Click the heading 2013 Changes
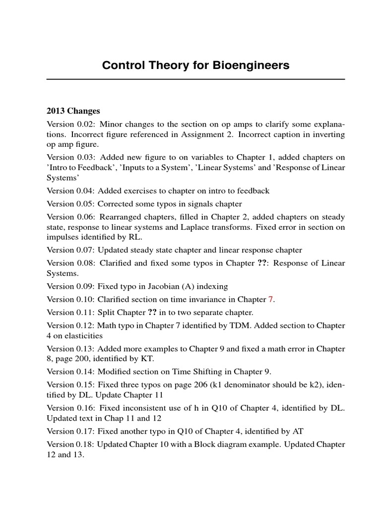(x=73, y=111)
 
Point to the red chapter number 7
(x=270, y=299)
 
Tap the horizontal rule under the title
(x=195, y=79)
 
